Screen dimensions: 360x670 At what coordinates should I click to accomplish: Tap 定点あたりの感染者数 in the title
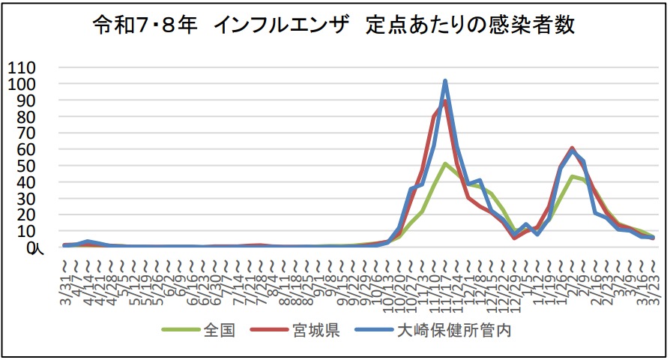(471, 26)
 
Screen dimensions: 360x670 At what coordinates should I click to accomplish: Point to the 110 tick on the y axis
(22, 67)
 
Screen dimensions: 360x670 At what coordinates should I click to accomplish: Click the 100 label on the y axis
(22, 84)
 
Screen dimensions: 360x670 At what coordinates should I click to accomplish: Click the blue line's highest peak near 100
(445, 81)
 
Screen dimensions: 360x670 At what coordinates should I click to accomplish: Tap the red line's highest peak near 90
(444, 101)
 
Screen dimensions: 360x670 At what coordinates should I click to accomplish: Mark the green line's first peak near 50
(445, 163)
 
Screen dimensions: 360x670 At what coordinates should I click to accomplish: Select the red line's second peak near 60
(572, 148)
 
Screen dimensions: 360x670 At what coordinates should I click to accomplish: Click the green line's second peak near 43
(572, 177)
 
